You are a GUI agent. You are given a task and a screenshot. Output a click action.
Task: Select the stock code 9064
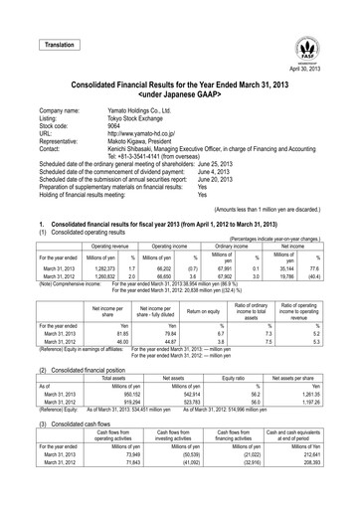(x=115, y=127)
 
